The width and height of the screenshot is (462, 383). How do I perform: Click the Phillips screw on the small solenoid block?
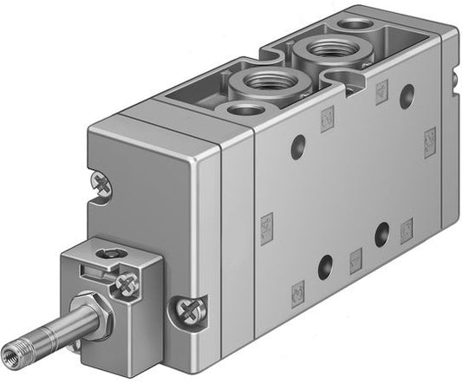point(127,282)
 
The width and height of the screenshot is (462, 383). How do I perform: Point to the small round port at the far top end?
point(354,23)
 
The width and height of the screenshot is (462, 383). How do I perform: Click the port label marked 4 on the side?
point(381,92)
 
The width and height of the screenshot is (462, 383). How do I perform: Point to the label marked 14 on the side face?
point(266,228)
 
